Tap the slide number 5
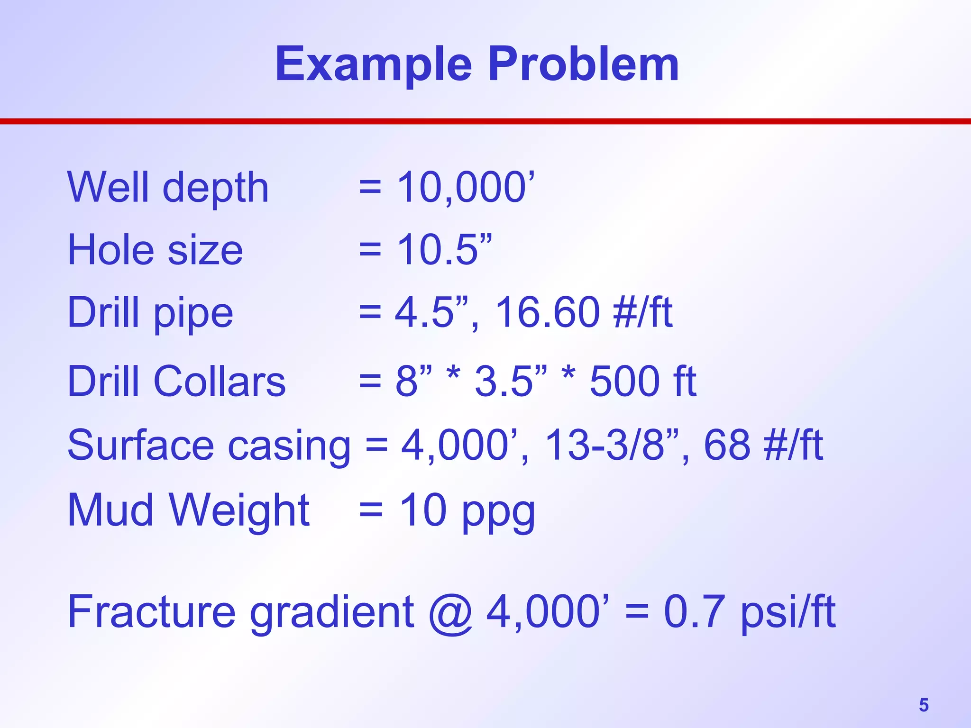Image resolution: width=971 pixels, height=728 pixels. coord(924,705)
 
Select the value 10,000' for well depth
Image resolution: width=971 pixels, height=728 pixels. coord(466,187)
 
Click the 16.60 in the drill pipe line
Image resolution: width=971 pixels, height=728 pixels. coord(548,312)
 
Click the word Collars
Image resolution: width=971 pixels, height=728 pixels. coord(220,382)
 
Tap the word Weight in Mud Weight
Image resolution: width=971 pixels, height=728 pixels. coord(239,510)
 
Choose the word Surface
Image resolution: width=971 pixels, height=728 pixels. coord(141,446)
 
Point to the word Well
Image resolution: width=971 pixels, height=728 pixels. coord(108,187)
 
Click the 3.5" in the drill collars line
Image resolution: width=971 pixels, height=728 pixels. coord(510,382)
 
